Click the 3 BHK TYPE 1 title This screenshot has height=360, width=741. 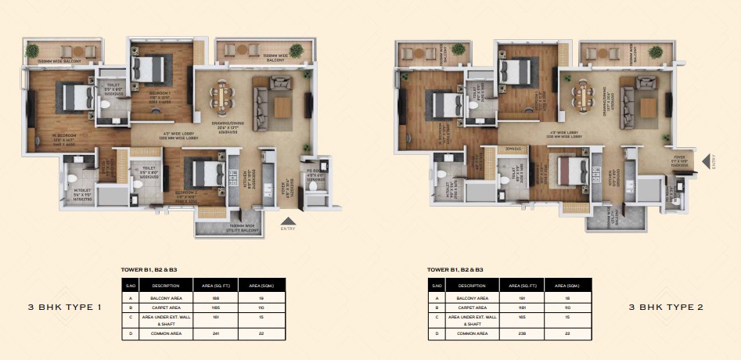[x=66, y=308]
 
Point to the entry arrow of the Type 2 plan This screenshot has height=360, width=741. [x=707, y=162]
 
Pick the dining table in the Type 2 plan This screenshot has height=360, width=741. [x=582, y=98]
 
